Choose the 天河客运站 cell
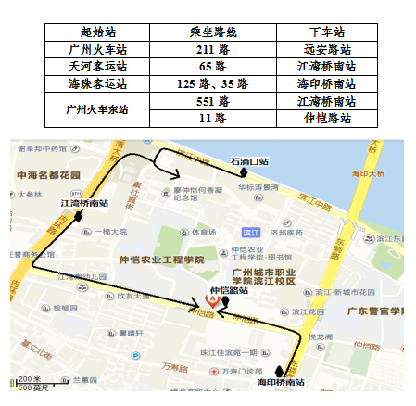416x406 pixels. click(99, 66)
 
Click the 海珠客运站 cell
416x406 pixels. click(99, 83)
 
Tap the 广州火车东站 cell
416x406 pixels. click(99, 109)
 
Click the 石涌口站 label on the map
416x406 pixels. click(249, 161)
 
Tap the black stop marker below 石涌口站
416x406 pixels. click(244, 172)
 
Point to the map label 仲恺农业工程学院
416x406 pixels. click(162, 260)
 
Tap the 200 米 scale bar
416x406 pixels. click(31, 379)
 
